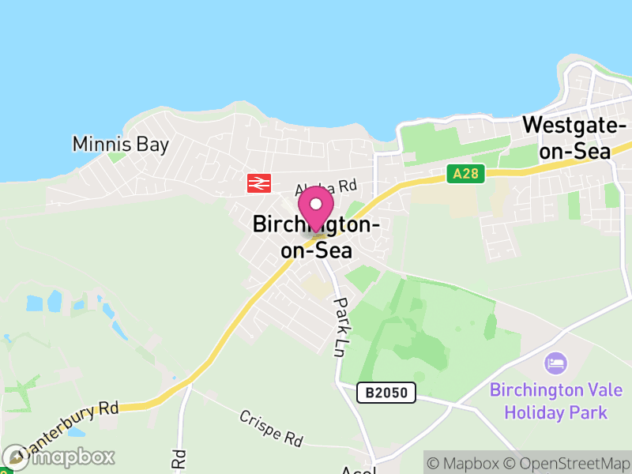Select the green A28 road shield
[465, 174]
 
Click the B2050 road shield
[386, 392]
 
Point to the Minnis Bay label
[110, 144]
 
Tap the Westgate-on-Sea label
[574, 137]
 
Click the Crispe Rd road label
[271, 427]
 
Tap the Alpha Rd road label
[326, 188]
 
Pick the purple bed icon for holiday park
[556, 364]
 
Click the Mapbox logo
[59, 457]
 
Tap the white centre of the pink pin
[316, 204]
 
